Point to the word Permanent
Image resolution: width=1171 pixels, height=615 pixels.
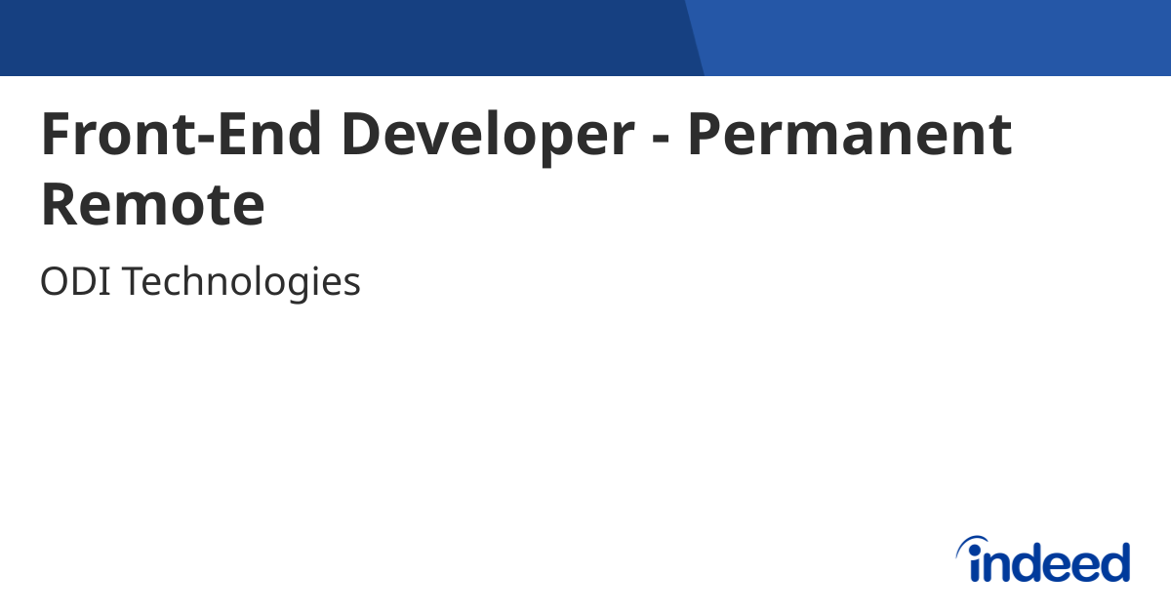(x=849, y=135)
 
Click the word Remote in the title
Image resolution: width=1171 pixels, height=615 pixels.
(x=152, y=205)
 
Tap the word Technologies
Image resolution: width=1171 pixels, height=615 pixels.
(x=241, y=283)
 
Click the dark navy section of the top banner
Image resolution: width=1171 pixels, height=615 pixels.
(x=342, y=37)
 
